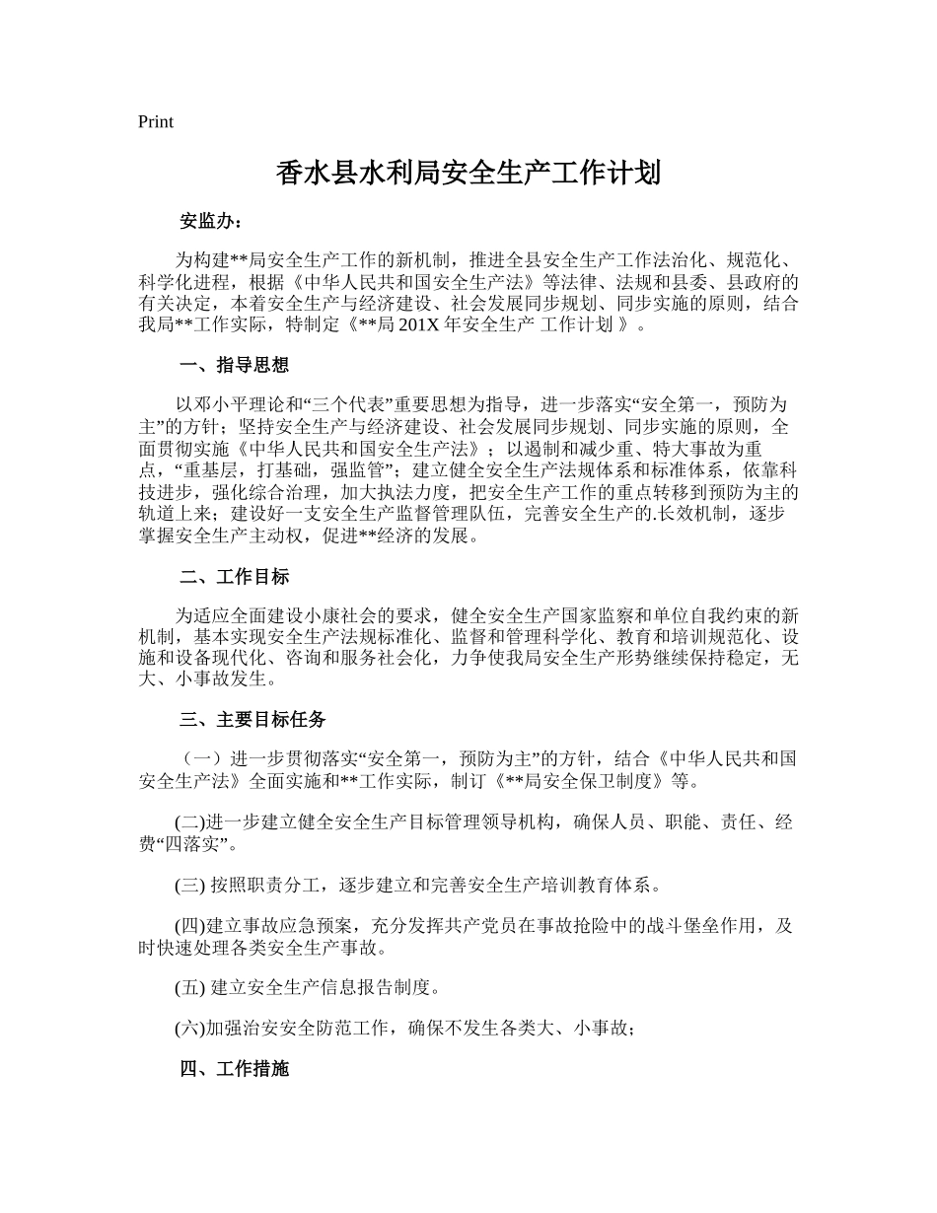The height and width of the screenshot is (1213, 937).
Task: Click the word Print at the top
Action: point(156,122)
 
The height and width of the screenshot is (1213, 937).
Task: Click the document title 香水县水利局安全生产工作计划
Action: point(468,175)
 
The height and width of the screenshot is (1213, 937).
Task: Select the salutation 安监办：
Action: point(209,220)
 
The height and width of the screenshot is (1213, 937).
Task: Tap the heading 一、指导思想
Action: point(234,365)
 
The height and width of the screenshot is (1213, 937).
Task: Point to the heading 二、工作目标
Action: point(234,577)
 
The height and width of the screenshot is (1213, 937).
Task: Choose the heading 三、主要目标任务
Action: point(252,720)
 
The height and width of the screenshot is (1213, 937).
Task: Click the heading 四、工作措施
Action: point(234,1068)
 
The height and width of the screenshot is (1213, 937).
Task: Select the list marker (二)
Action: point(189,822)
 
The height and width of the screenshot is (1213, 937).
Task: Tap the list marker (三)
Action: point(189,885)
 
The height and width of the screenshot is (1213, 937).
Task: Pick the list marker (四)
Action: point(189,927)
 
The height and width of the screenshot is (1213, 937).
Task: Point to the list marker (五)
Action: point(189,987)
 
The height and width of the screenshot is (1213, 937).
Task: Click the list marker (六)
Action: point(189,1029)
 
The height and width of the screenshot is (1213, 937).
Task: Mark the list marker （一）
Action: point(201,758)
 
